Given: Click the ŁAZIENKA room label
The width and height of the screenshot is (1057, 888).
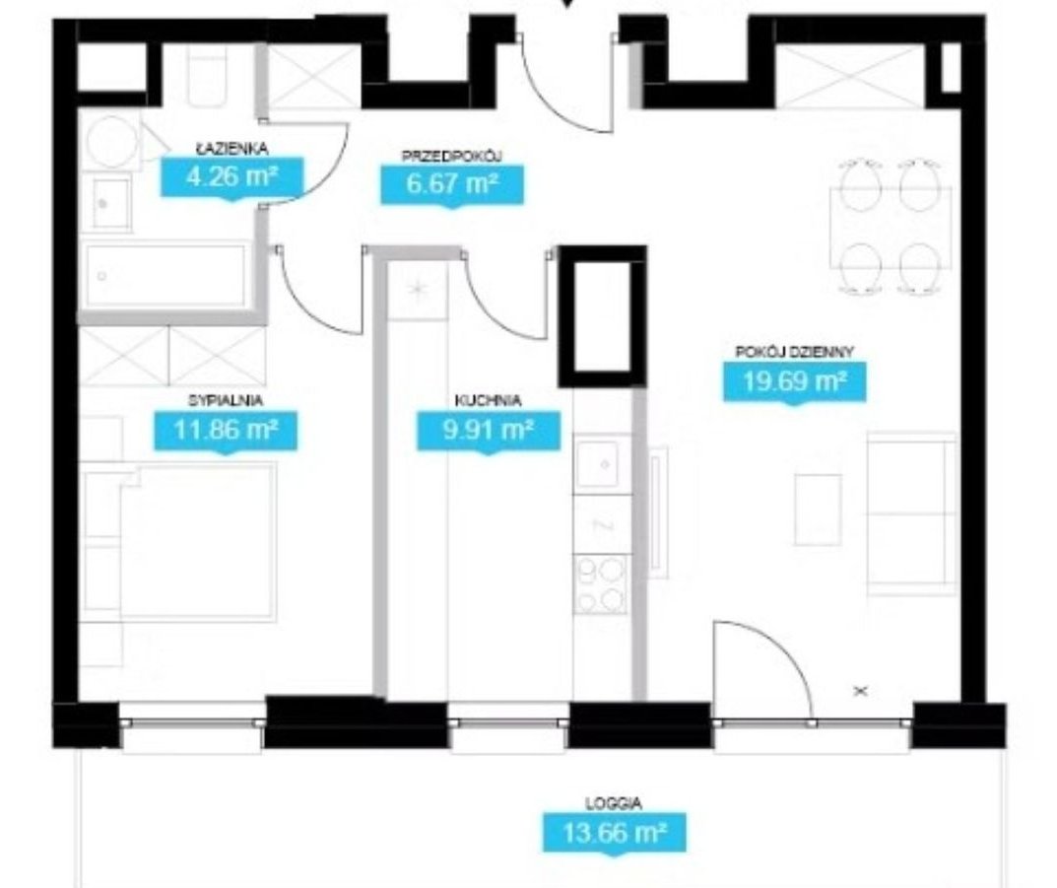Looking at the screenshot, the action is [x=231, y=148].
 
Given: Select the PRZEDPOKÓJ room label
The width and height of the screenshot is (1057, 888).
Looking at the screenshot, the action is [x=451, y=157].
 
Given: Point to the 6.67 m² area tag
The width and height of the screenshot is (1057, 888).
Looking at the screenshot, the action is [x=451, y=184].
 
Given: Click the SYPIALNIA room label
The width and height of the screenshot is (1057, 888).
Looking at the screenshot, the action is [x=226, y=400].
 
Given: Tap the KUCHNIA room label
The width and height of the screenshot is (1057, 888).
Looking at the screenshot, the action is [x=488, y=400].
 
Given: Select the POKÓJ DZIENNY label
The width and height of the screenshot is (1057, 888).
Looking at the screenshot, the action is [x=795, y=352].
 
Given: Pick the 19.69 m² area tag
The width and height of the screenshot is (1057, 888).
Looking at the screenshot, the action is [x=795, y=381].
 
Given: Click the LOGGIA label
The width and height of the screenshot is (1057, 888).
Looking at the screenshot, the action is [x=614, y=803].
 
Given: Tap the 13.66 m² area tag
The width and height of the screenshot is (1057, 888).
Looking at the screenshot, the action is [x=614, y=833].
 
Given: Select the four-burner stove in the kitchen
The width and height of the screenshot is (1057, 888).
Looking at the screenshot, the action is [x=601, y=584].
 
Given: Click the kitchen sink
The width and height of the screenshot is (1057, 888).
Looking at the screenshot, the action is [x=603, y=464].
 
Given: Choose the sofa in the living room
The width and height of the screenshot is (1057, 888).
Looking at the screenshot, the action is [x=911, y=513].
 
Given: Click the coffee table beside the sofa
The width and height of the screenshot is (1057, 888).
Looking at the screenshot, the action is [x=818, y=510].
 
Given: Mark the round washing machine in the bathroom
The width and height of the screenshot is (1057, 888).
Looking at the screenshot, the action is [x=112, y=141].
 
